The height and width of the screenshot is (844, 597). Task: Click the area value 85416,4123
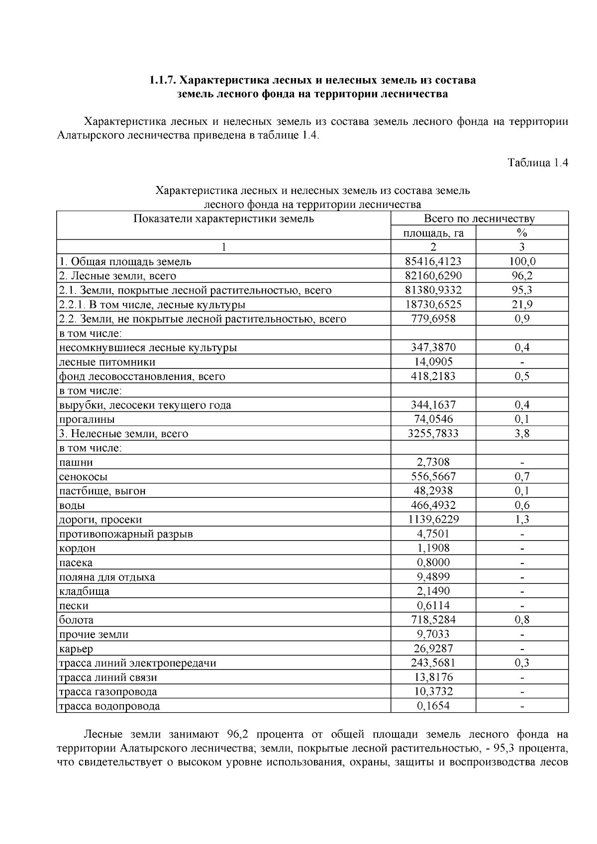[x=433, y=261]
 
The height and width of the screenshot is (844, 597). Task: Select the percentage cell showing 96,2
[x=522, y=276]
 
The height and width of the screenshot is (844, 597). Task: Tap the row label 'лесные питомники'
[x=107, y=362]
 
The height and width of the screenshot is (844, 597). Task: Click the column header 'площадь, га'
[x=433, y=232]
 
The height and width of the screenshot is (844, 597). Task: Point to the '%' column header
[x=522, y=232]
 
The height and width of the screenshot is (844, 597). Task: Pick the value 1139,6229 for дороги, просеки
[x=433, y=519]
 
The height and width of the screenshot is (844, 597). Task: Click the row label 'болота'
[x=76, y=620]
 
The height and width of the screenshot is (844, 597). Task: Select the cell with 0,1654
[x=433, y=706]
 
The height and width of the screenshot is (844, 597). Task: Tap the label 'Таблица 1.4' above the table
[x=537, y=163]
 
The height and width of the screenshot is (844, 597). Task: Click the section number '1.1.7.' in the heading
[x=162, y=80]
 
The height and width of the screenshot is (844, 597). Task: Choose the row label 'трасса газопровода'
[x=108, y=691]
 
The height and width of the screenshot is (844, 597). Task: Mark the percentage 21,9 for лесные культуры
[x=522, y=304]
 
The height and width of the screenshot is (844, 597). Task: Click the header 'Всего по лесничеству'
[x=479, y=218]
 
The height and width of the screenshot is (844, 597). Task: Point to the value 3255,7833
[x=433, y=433]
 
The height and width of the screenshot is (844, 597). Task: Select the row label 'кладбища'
[x=84, y=591]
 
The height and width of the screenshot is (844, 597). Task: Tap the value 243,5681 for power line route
[x=433, y=662]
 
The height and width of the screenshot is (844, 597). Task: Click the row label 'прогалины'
[x=87, y=419]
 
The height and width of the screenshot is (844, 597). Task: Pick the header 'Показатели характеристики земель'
[x=223, y=218]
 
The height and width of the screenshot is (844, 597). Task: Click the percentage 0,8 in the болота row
[x=522, y=620]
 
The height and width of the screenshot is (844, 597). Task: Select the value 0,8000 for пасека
[x=433, y=563]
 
